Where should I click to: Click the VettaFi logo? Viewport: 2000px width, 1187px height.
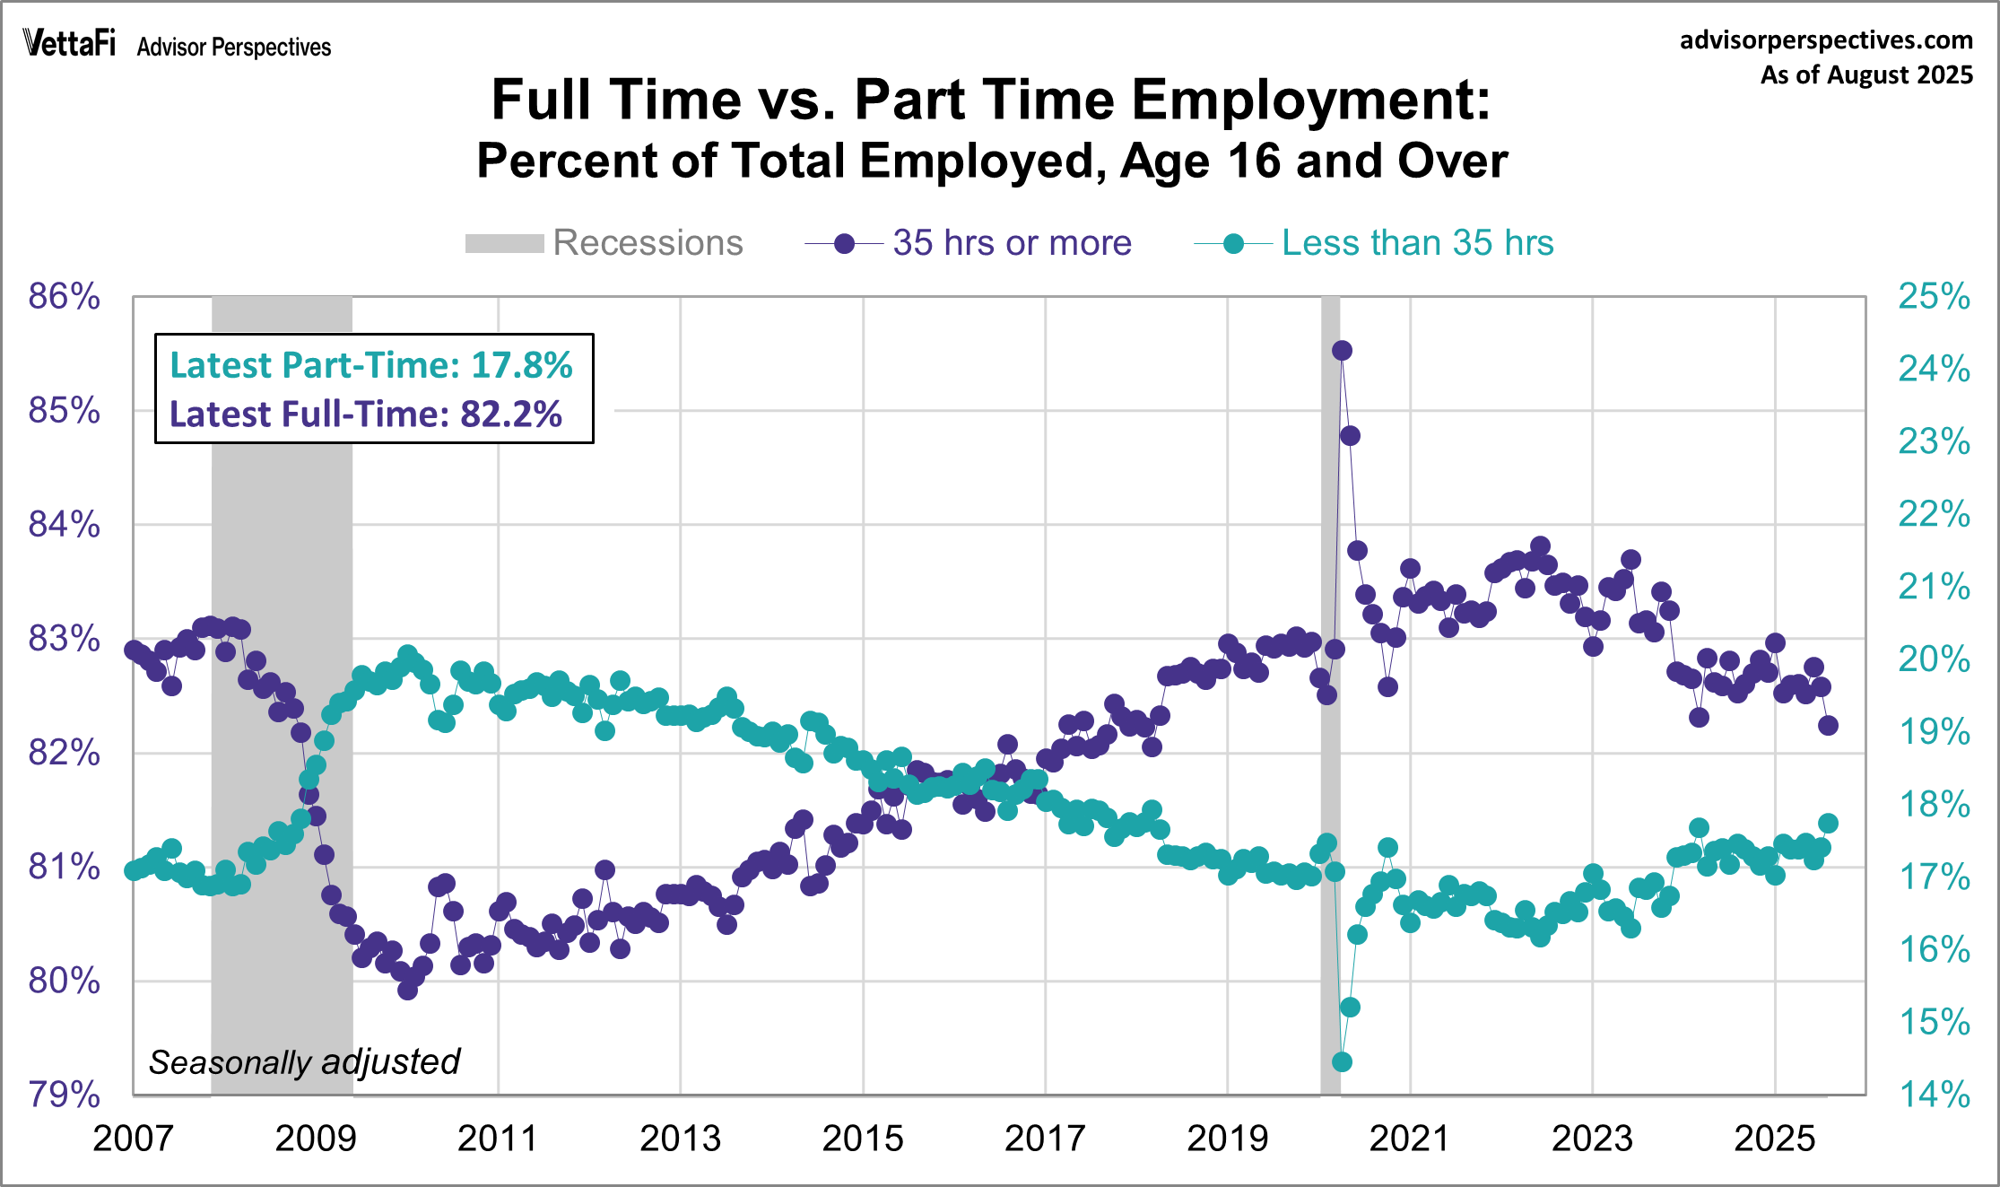[x=69, y=42]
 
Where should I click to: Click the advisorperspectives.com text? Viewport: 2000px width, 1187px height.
[x=1826, y=40]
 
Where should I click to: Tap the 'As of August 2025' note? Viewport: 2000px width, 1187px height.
[x=1866, y=74]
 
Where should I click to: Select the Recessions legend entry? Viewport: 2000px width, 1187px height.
[x=604, y=243]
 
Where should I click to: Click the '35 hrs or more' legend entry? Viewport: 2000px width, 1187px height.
[x=969, y=243]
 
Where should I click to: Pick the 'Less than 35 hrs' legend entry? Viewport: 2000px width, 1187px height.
[x=1374, y=243]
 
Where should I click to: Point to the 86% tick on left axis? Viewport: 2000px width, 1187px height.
[x=64, y=296]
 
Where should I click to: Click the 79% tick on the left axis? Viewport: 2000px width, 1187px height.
[x=64, y=1095]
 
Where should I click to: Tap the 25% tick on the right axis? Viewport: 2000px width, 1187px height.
[x=1935, y=296]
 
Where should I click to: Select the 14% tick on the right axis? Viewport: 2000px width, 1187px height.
[x=1935, y=1095]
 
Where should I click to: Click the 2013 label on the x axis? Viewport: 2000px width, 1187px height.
[x=680, y=1139]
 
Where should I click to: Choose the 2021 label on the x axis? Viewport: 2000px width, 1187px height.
[x=1409, y=1139]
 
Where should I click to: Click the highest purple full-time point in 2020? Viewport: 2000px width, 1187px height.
[x=1342, y=351]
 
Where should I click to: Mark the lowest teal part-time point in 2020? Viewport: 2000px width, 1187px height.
[x=1342, y=1062]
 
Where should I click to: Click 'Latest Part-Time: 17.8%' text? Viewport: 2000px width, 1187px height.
[x=371, y=365]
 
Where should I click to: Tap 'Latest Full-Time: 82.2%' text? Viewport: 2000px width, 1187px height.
[x=366, y=414]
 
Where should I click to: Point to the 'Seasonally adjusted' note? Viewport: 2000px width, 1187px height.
[x=304, y=1062]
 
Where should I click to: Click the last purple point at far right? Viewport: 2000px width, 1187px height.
[x=1828, y=726]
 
